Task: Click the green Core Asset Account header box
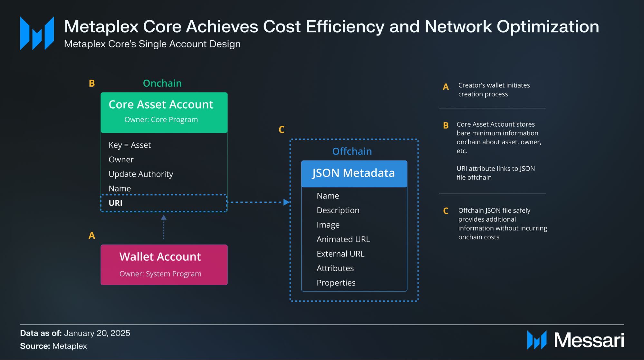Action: (164, 112)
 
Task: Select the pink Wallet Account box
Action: (164, 265)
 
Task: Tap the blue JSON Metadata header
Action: (354, 173)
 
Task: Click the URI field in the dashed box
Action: (116, 203)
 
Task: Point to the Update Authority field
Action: (141, 174)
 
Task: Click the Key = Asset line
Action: (130, 145)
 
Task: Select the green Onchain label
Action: (162, 83)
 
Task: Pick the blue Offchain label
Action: (352, 151)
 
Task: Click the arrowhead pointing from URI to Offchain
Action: (286, 202)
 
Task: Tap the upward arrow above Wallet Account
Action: (164, 218)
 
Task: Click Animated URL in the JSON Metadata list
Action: (343, 239)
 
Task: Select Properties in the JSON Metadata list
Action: (336, 283)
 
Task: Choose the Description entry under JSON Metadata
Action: (338, 210)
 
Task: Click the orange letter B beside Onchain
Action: (92, 83)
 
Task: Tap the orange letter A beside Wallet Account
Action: (92, 236)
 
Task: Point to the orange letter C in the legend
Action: (446, 211)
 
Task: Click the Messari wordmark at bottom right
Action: (589, 340)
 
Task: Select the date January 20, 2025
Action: (97, 333)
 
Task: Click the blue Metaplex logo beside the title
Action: (37, 33)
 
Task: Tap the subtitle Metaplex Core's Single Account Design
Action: (152, 44)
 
